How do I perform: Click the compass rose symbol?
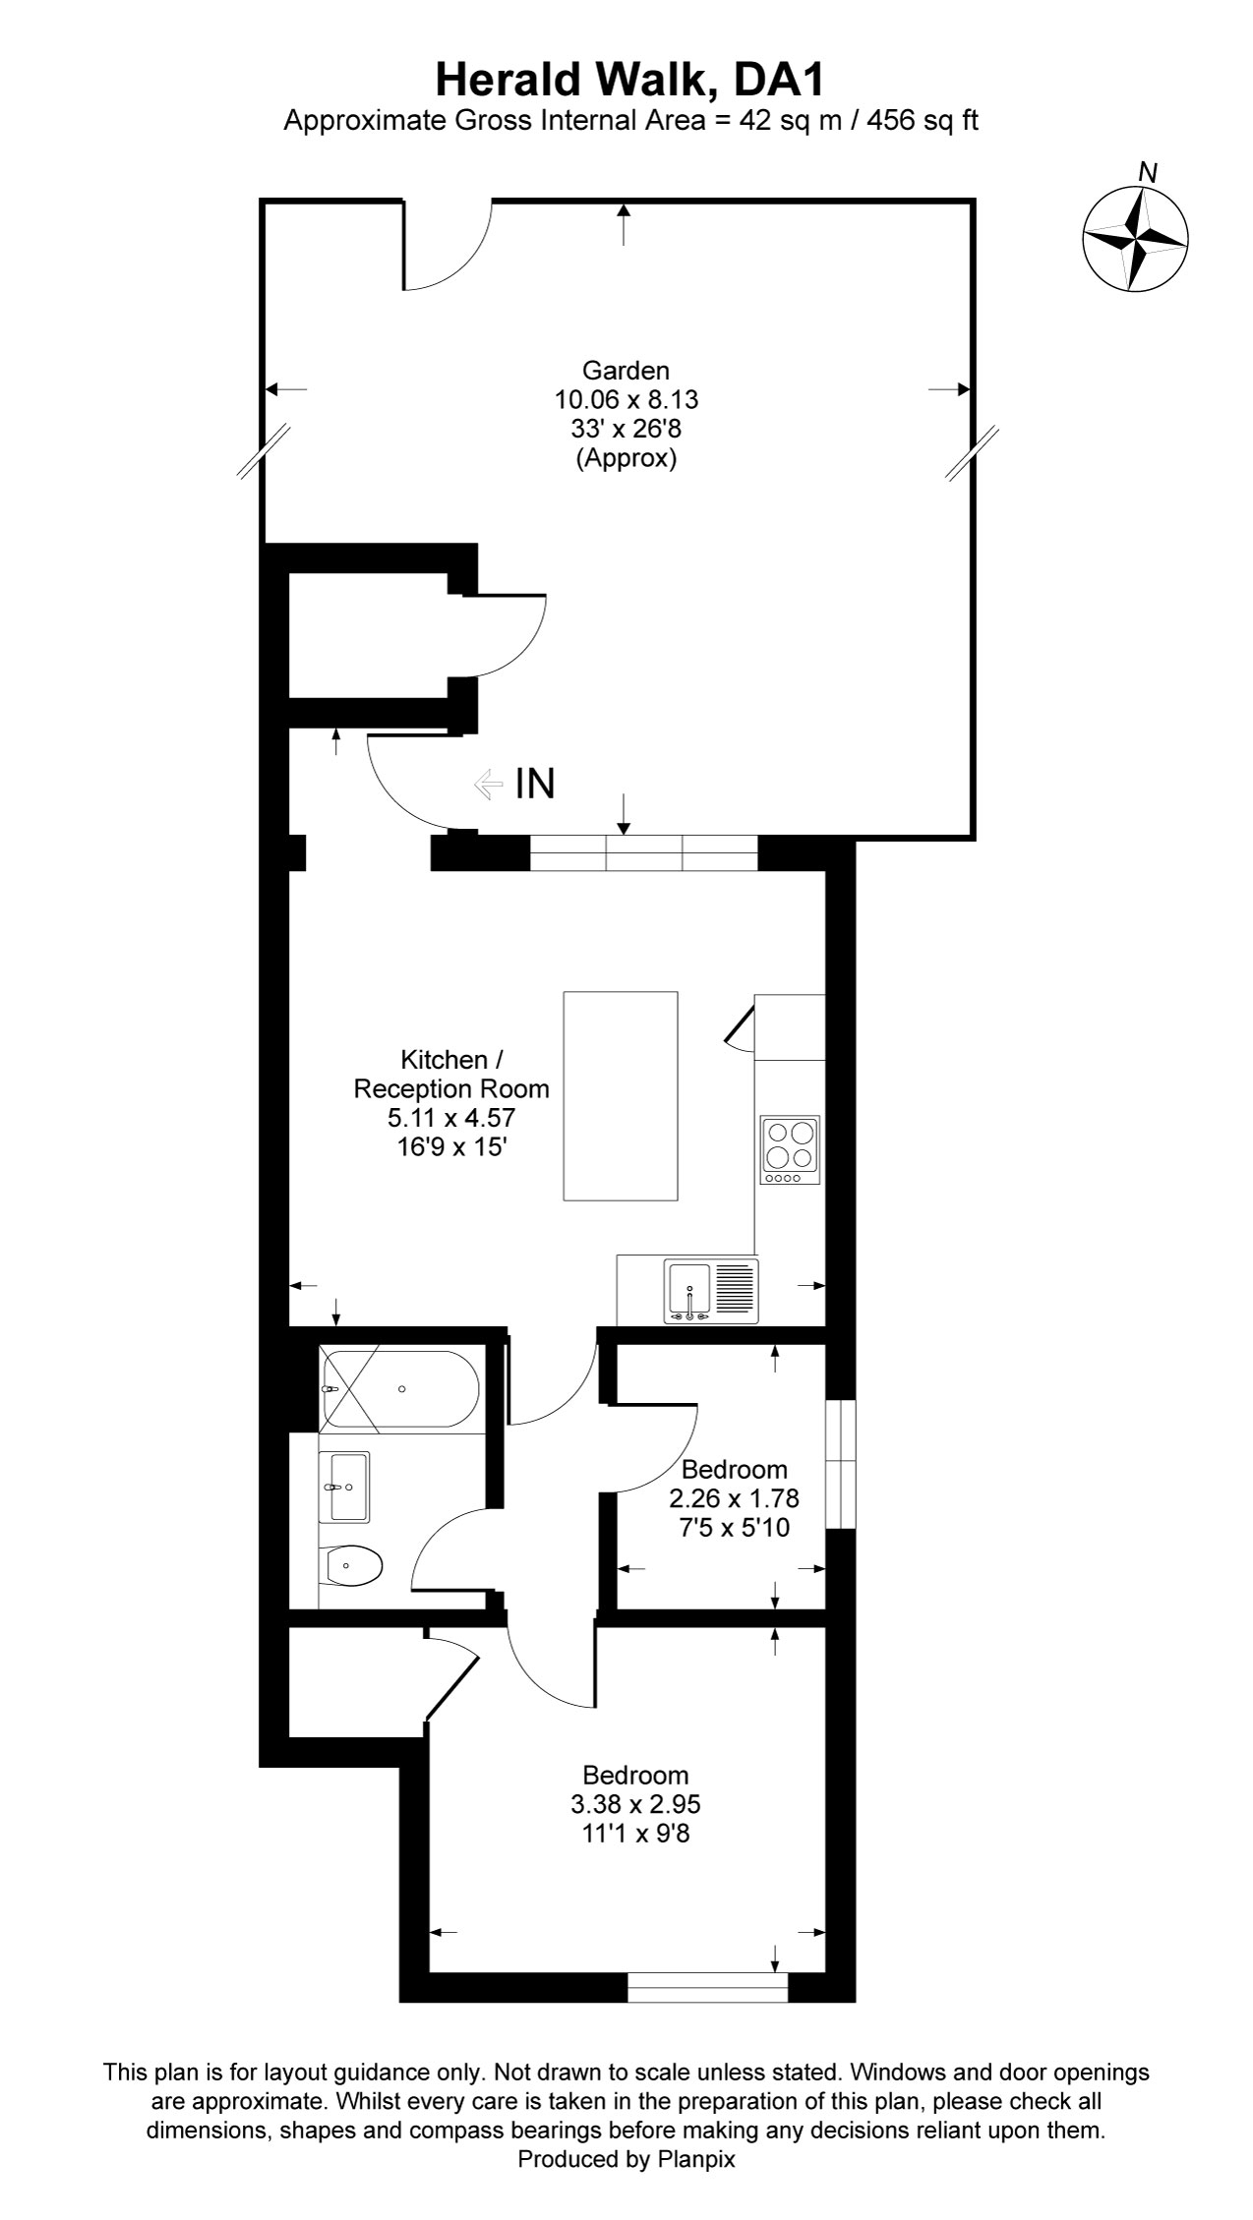tap(1135, 239)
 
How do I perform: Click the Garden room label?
tap(626, 371)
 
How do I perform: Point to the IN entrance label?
tap(534, 785)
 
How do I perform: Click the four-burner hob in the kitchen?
tap(790, 1148)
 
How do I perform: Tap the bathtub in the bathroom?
tap(400, 1389)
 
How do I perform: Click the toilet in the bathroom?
tap(351, 1564)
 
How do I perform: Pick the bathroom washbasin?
tap(343, 1486)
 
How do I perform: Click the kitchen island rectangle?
tap(621, 1095)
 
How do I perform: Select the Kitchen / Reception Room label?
tap(451, 1075)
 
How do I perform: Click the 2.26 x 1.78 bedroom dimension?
tap(734, 1499)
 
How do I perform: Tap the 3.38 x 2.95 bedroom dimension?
tap(635, 1805)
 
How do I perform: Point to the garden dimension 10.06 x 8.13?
tap(626, 400)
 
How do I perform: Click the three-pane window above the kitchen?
tap(644, 852)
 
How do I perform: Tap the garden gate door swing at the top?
tap(447, 246)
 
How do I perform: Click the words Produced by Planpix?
tap(626, 2160)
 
